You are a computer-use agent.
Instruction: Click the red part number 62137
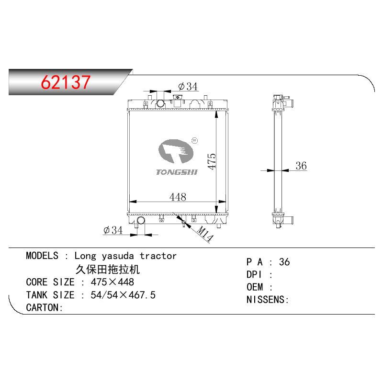point(66,82)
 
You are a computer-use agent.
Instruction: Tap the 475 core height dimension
point(212,161)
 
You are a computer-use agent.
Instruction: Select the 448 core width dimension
point(178,197)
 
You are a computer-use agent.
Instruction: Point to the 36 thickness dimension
point(301,166)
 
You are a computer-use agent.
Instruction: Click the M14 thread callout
point(205,234)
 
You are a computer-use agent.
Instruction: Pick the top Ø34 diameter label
point(188,86)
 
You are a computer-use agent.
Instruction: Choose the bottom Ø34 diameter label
point(113,230)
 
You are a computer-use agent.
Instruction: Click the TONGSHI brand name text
point(177,172)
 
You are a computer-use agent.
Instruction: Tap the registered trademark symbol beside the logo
point(195,140)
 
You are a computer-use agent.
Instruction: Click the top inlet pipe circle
point(160,103)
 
